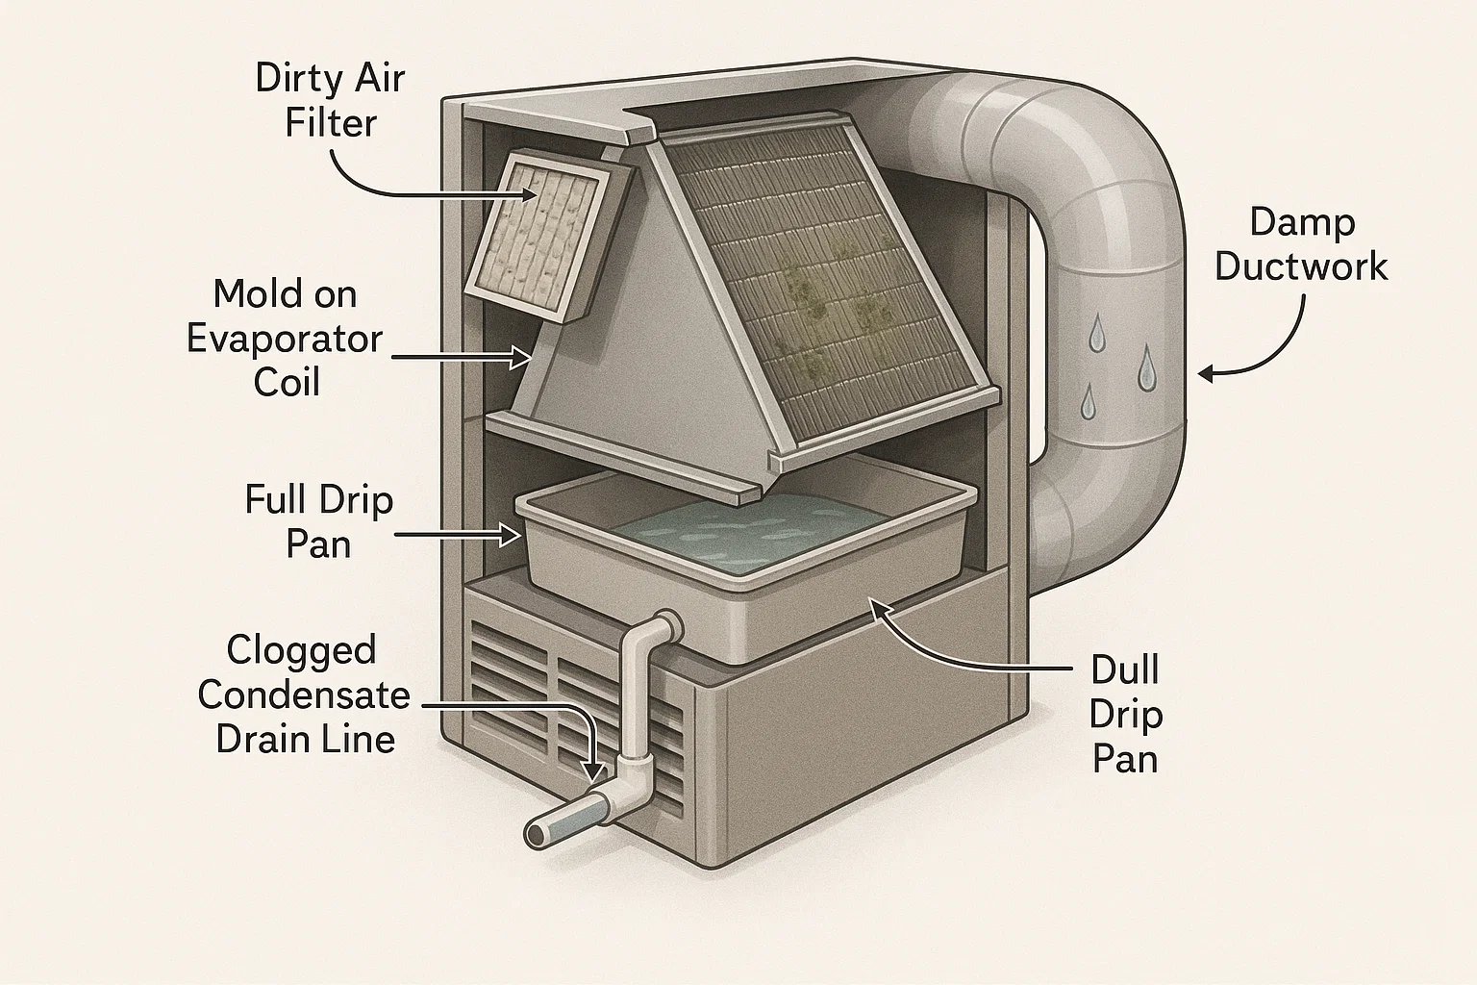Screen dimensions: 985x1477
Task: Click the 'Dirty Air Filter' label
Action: pyautogui.click(x=330, y=101)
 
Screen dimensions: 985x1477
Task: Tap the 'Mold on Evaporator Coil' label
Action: pyautogui.click(x=286, y=339)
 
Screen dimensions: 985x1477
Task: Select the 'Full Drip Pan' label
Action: pyautogui.click(x=318, y=522)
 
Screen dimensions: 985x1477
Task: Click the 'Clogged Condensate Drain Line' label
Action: pyautogui.click(x=303, y=695)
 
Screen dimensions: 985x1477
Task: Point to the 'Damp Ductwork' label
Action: pyautogui.click(x=1302, y=244)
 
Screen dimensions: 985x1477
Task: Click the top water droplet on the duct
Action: pyautogui.click(x=1097, y=335)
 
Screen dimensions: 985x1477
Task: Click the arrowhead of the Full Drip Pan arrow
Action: pyautogui.click(x=511, y=533)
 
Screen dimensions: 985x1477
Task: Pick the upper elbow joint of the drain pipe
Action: pyautogui.click(x=661, y=628)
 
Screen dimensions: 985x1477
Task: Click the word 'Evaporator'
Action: pyautogui.click(x=286, y=339)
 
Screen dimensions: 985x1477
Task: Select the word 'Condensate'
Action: pyautogui.click(x=304, y=695)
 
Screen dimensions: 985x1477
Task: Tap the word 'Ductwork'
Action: pyautogui.click(x=1302, y=266)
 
